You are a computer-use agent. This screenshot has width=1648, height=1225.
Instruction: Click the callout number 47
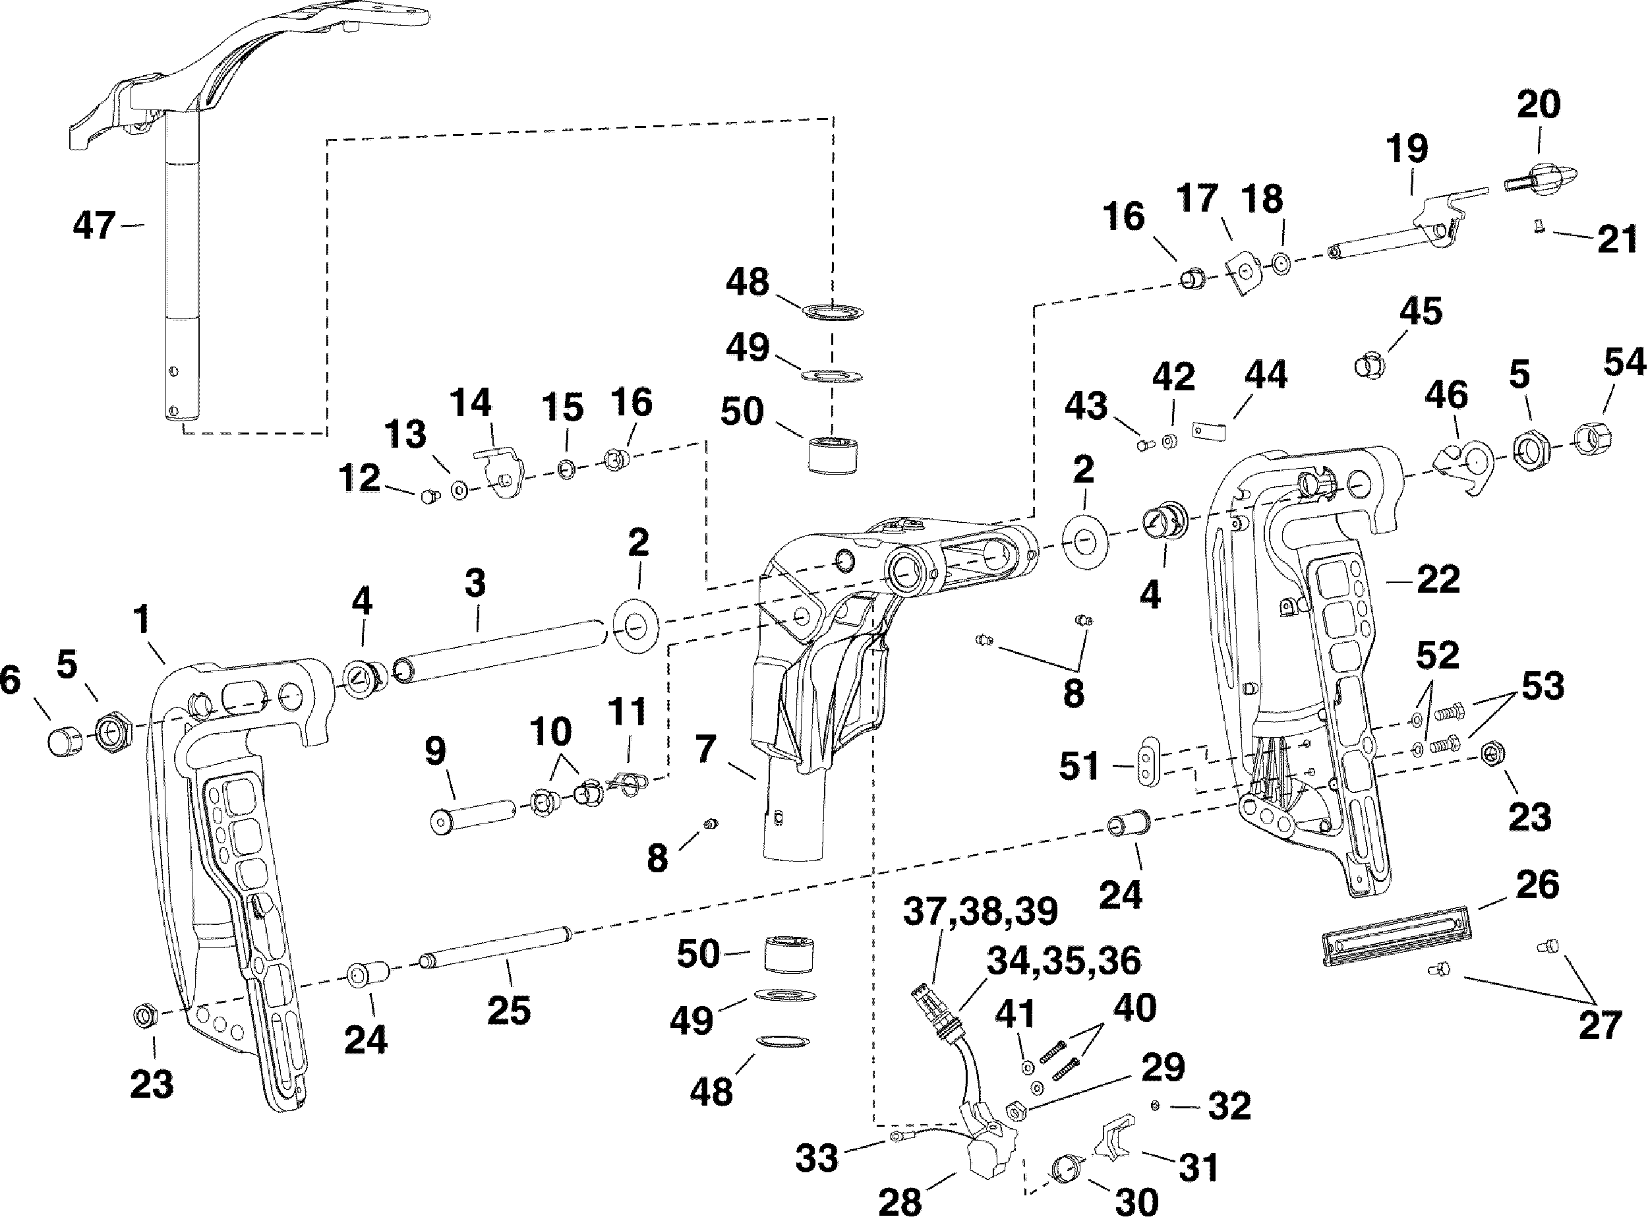pyautogui.click(x=94, y=225)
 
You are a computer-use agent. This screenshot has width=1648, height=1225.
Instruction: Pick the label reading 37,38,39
pyautogui.click(x=980, y=911)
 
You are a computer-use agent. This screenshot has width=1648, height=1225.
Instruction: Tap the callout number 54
pyautogui.click(x=1624, y=363)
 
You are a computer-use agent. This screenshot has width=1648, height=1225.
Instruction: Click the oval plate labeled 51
pyautogui.click(x=1147, y=760)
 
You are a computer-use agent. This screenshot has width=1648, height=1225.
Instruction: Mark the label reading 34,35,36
pyautogui.click(x=1063, y=961)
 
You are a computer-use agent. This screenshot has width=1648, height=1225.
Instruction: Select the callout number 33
pyautogui.click(x=817, y=1158)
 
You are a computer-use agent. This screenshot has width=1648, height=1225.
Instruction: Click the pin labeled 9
pyautogui.click(x=472, y=814)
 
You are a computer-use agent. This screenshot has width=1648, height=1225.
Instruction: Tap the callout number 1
pyautogui.click(x=141, y=618)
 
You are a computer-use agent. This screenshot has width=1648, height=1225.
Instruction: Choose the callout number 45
pyautogui.click(x=1421, y=311)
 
